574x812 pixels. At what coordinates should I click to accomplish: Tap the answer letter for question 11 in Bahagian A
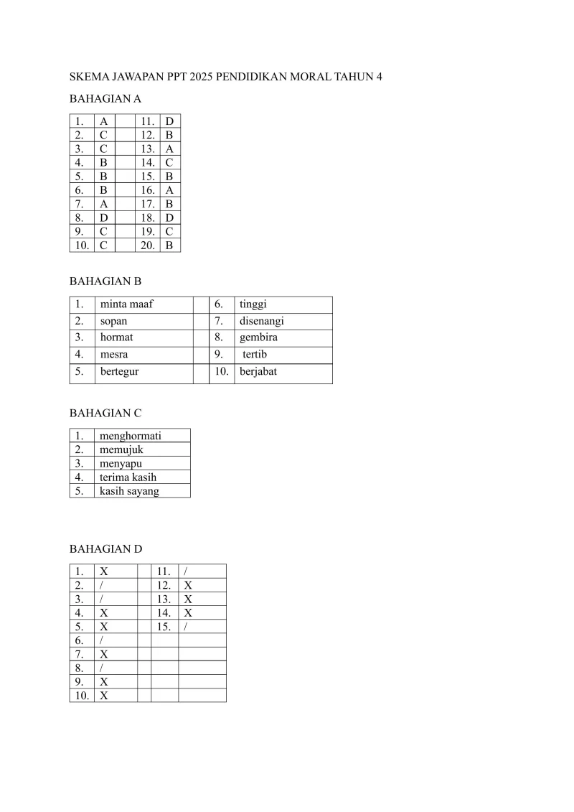point(169,121)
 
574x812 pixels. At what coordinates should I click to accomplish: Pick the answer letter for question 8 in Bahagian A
point(104,218)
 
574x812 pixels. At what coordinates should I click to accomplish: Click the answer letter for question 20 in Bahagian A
point(169,245)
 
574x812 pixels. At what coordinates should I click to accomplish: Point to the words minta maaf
point(126,304)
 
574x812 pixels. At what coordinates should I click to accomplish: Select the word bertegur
point(119,372)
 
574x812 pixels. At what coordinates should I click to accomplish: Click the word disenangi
point(262,321)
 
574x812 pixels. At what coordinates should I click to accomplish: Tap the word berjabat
point(258,372)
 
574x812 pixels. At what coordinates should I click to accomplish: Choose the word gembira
point(258,337)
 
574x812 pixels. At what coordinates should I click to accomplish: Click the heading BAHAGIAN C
point(105,413)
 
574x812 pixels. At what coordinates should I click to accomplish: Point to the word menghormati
point(131,436)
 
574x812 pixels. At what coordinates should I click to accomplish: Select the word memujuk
point(121,449)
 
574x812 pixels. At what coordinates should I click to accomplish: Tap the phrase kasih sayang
point(129,491)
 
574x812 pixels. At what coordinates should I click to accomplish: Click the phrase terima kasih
point(128,477)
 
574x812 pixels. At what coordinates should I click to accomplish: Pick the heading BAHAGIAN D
point(105,549)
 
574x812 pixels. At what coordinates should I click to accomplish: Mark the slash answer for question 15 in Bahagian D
point(186,627)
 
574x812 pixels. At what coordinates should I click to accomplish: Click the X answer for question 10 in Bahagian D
point(104,696)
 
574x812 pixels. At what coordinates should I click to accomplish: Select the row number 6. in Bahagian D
point(79,640)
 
